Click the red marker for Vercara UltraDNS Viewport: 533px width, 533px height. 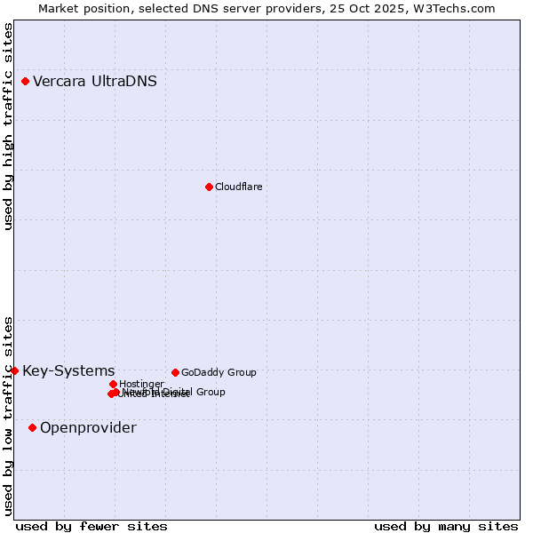click(x=26, y=82)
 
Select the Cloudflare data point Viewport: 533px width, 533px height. click(x=209, y=187)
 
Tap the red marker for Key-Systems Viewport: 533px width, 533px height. click(x=15, y=370)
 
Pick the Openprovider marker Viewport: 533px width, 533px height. click(x=33, y=427)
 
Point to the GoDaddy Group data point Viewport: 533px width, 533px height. click(x=175, y=372)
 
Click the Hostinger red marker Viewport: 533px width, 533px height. click(x=113, y=384)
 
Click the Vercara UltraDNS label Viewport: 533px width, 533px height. click(x=95, y=82)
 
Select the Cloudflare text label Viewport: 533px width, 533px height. click(x=238, y=187)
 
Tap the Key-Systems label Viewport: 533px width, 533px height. click(x=68, y=371)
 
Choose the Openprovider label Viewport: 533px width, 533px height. click(x=88, y=428)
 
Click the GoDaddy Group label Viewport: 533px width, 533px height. click(x=219, y=372)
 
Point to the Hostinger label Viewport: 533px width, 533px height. click(x=141, y=384)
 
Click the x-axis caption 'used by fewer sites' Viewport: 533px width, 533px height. click(x=91, y=526)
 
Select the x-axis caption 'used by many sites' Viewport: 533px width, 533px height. click(x=446, y=526)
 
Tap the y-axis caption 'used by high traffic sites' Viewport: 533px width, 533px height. click(x=9, y=126)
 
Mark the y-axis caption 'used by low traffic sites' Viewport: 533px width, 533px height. click(x=9, y=415)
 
